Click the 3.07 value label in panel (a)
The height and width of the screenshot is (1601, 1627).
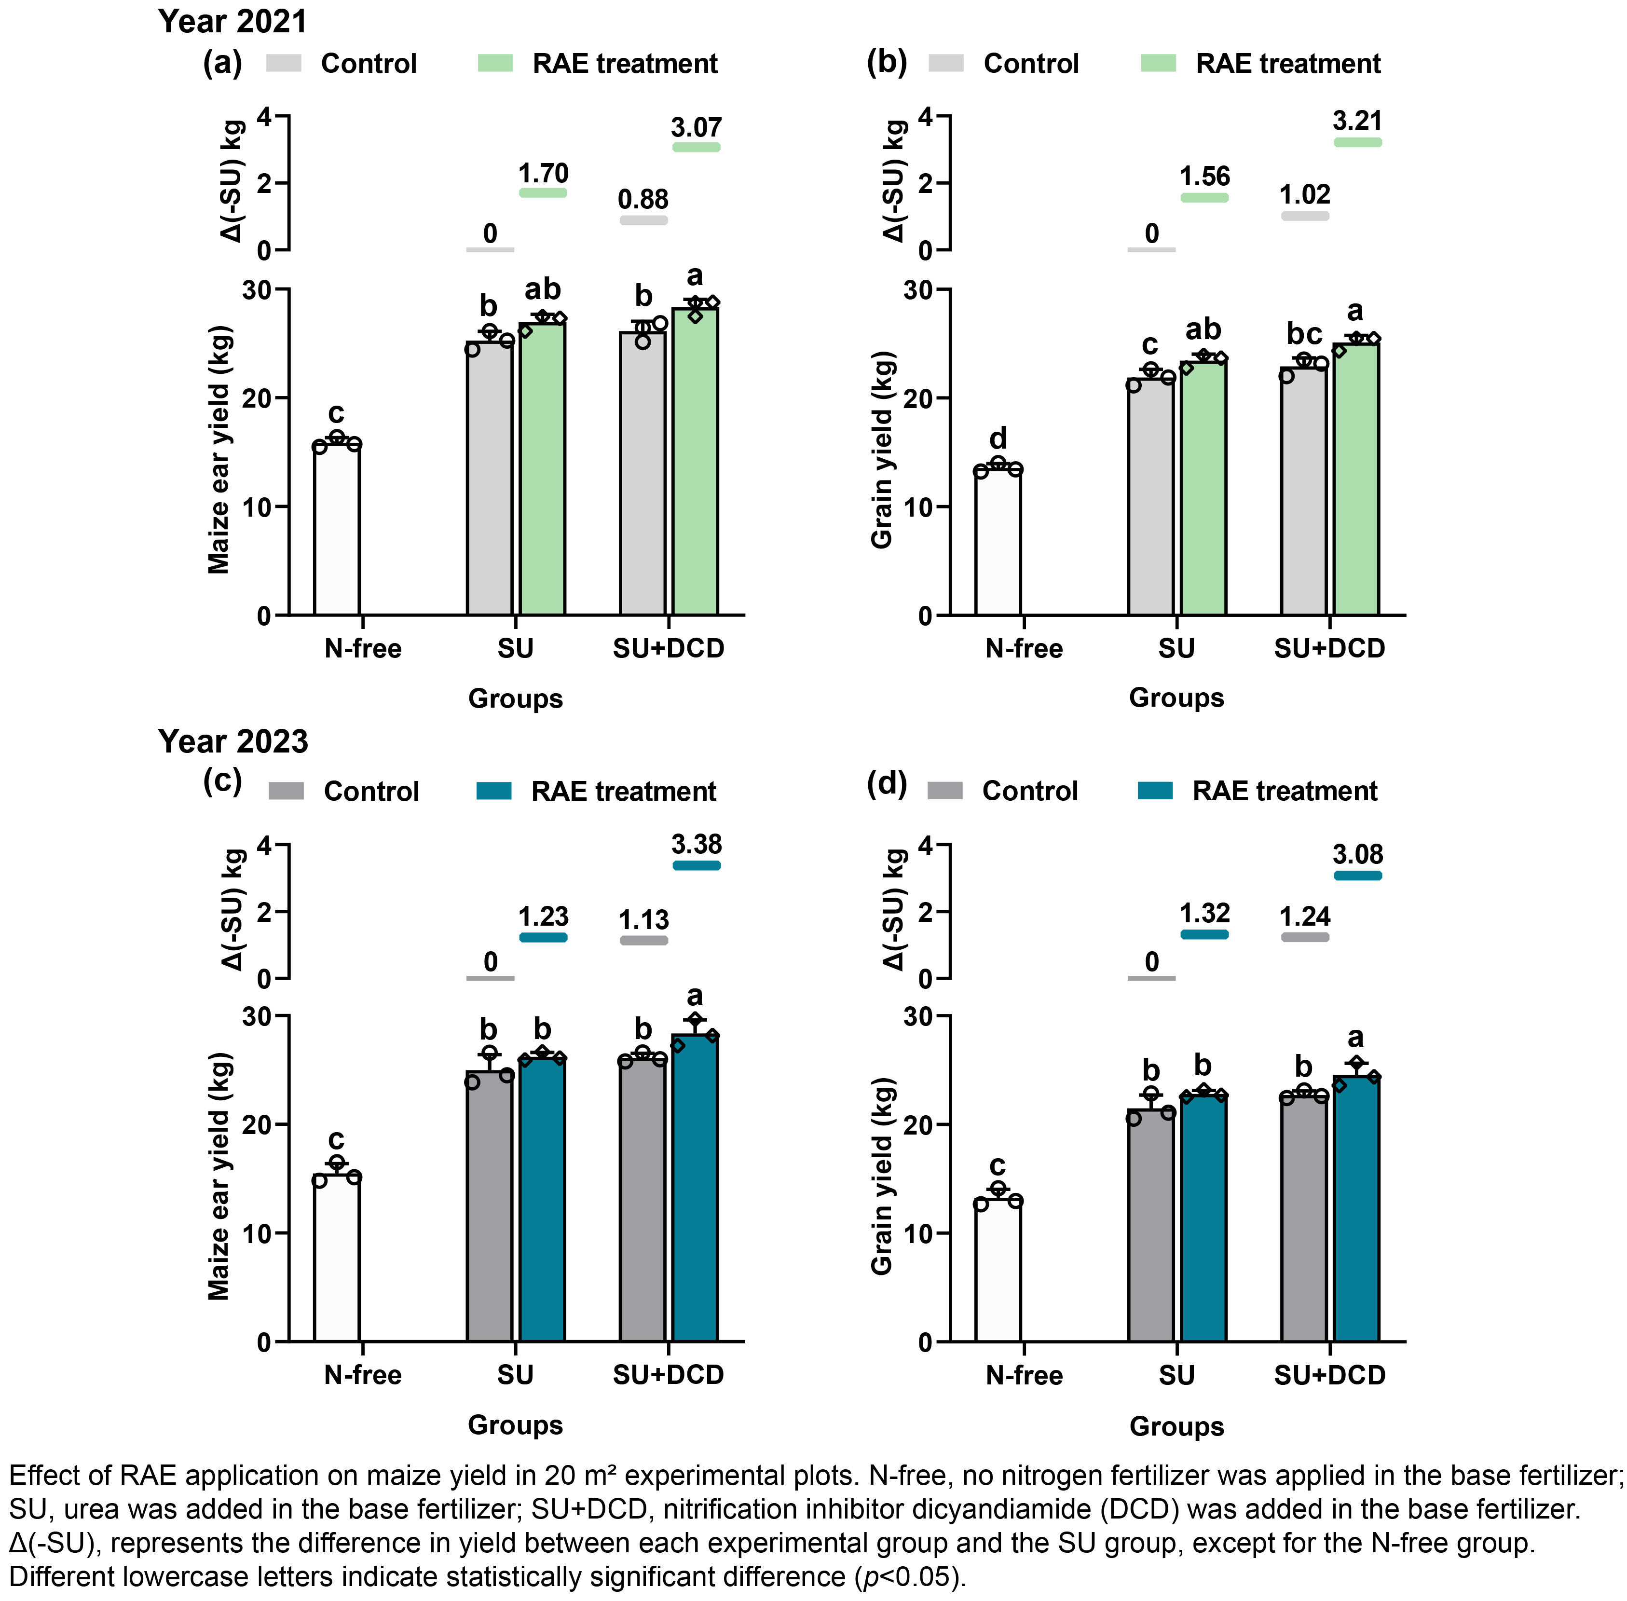coord(696,128)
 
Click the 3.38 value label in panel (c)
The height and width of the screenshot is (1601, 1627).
coord(696,844)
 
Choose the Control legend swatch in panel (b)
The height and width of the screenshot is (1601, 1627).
coord(946,63)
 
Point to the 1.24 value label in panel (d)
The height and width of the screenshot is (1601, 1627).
coord(1305,917)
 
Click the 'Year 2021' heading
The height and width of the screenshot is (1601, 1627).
coord(233,21)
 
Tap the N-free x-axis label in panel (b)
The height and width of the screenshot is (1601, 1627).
coord(1024,648)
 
